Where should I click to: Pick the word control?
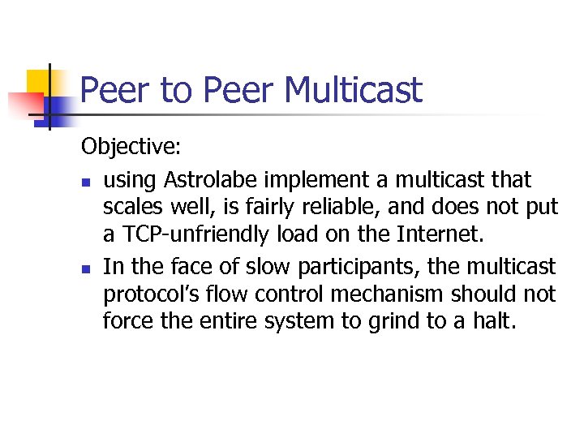(289, 294)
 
